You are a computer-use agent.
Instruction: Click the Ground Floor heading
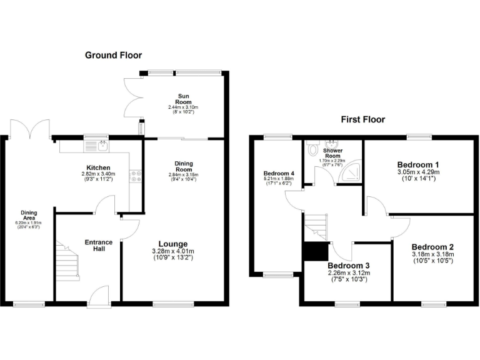pos(113,56)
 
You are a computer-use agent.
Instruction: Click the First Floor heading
pos(362,119)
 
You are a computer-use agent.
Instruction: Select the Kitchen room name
pos(98,168)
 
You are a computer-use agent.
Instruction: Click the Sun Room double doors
pos(132,97)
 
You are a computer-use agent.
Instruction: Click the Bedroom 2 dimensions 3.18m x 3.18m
pos(432,254)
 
